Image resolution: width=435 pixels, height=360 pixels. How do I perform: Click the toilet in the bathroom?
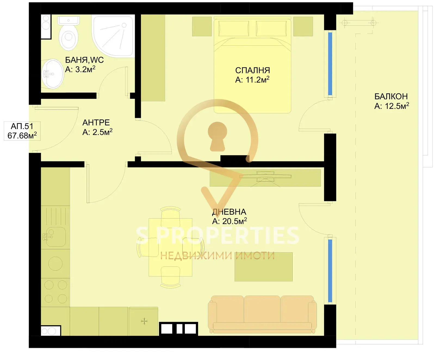[69, 33]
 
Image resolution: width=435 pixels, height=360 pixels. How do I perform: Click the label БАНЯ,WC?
[84, 60]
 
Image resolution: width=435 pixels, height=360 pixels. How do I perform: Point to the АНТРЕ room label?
[96, 122]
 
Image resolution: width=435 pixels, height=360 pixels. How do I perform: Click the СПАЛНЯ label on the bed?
[253, 70]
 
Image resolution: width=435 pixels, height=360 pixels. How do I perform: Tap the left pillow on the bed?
[234, 28]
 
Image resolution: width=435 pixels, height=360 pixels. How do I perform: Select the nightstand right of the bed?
[303, 26]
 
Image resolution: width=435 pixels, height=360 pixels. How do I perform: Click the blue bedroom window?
[330, 64]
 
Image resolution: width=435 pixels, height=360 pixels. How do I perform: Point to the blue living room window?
[330, 271]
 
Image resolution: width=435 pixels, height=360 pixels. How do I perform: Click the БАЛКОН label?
[391, 96]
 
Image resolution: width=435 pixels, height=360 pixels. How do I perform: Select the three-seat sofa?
[262, 314]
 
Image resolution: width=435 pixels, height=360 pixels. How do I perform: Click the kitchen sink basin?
[55, 237]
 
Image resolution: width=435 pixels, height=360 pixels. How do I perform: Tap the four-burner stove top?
[55, 292]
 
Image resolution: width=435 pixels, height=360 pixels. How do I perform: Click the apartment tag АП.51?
[22, 126]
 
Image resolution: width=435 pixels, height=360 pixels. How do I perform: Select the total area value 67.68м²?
[22, 135]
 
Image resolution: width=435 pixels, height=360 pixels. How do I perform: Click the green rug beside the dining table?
[263, 267]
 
